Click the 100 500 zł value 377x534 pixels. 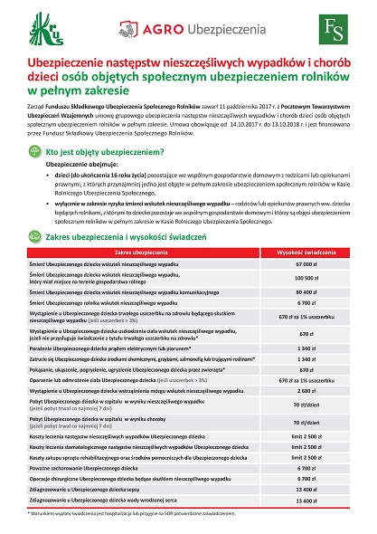coord(303,253)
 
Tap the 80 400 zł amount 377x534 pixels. coord(303,267)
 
